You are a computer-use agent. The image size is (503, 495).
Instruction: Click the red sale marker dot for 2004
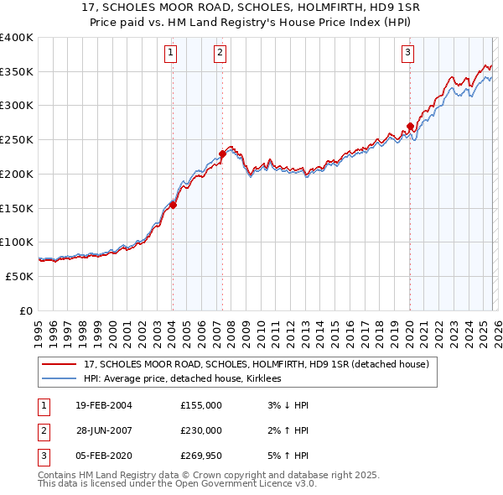[173, 204]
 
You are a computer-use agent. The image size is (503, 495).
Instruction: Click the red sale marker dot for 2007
[222, 153]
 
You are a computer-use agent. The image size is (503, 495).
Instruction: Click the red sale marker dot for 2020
[410, 127]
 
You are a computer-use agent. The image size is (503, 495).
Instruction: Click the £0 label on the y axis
[26, 310]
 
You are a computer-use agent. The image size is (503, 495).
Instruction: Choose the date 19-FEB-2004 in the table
[103, 406]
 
